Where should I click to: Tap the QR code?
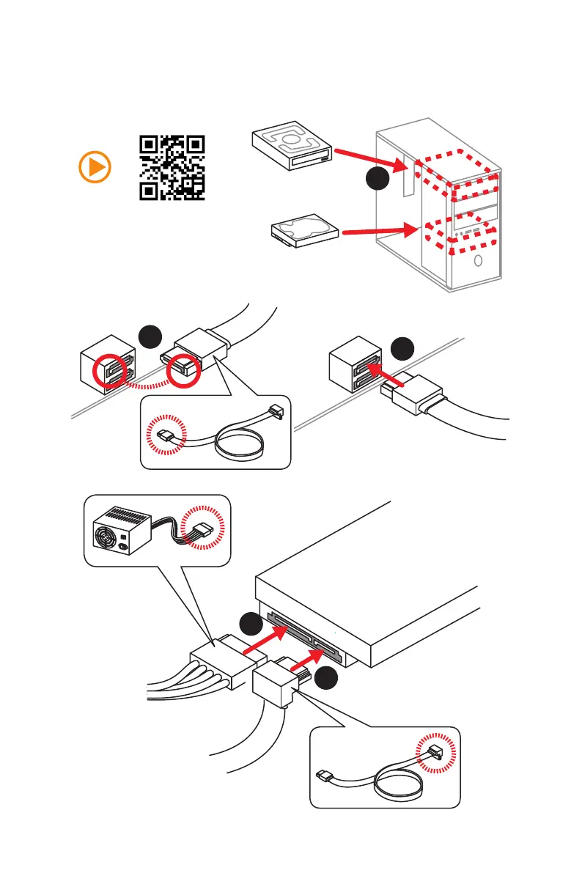pos(172,168)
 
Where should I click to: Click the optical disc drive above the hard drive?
pos(291,145)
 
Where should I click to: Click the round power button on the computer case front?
pos(477,261)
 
